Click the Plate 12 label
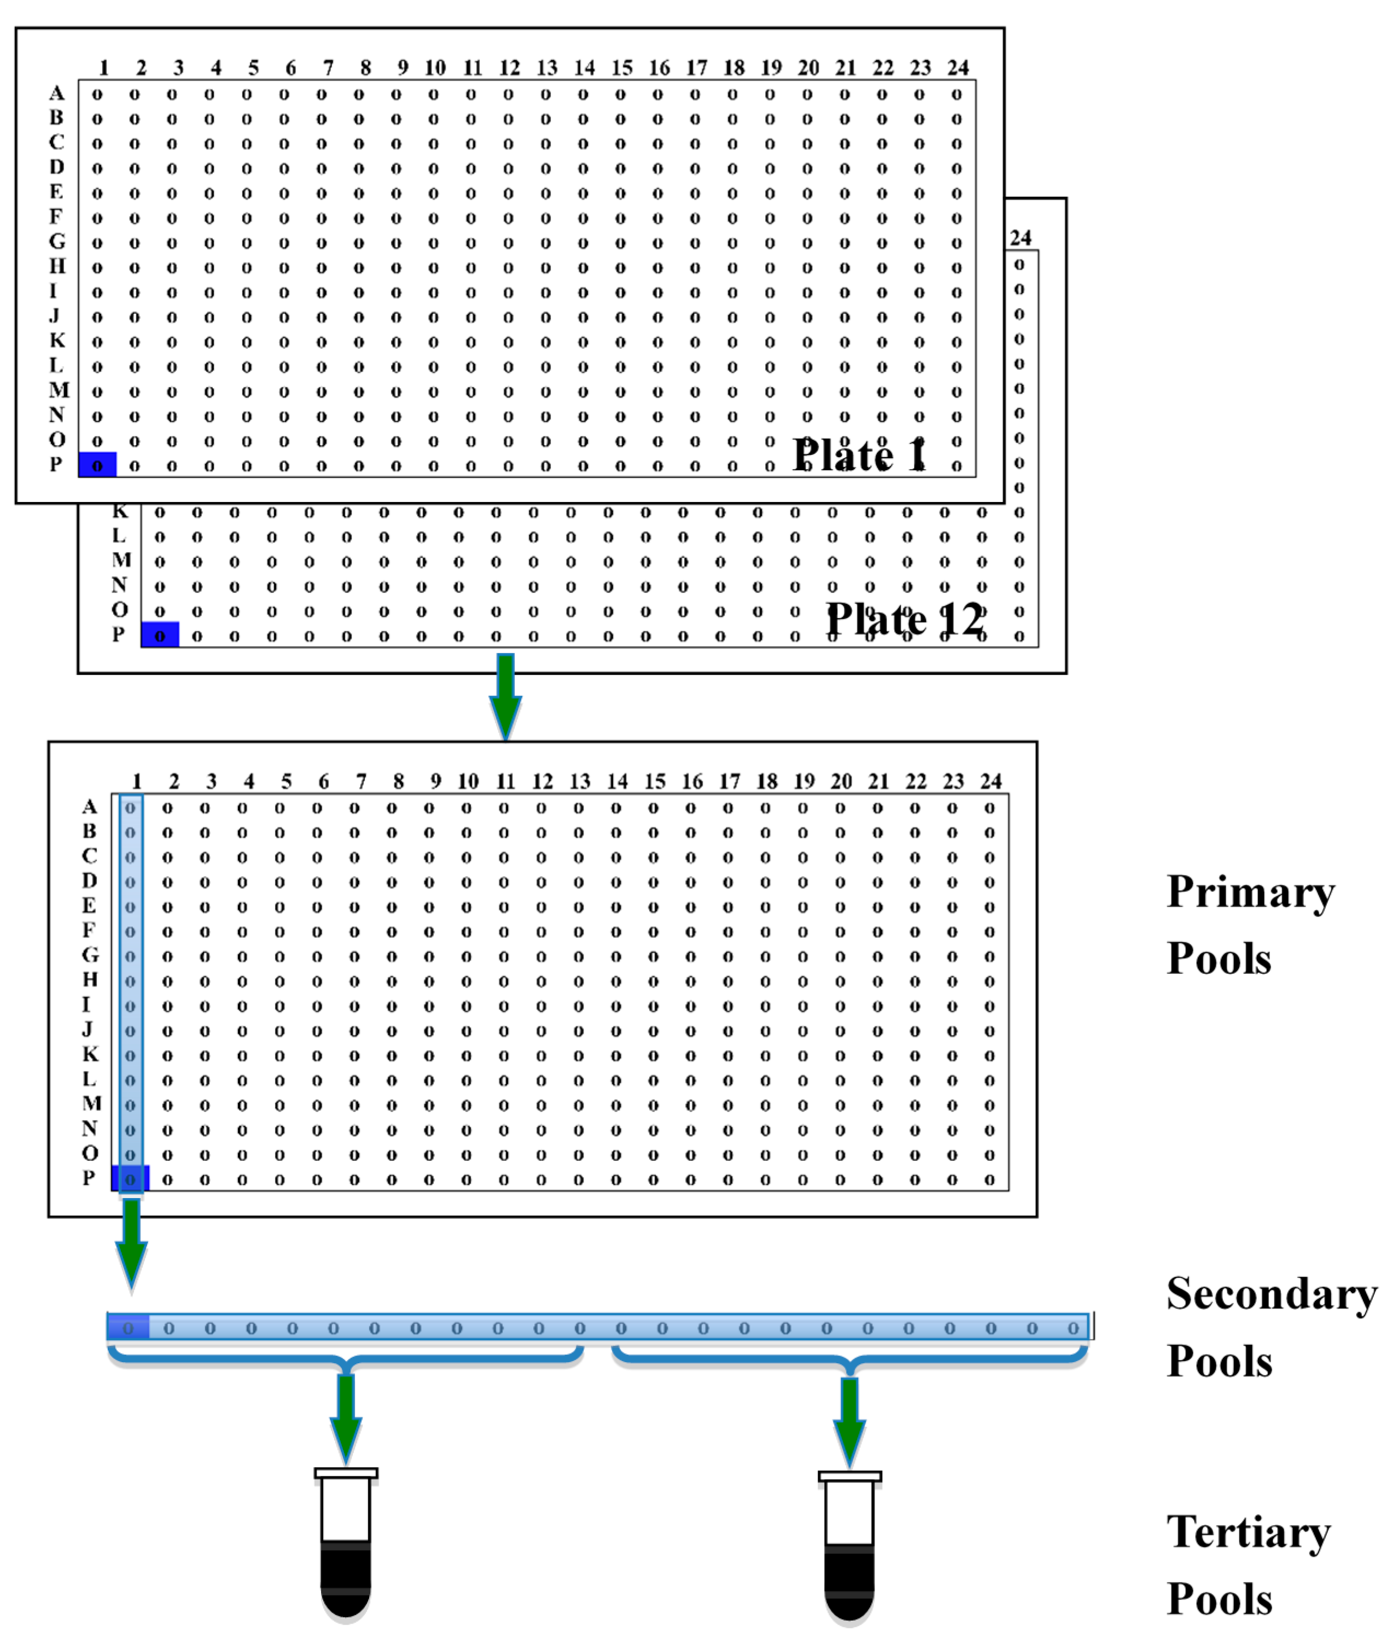905,619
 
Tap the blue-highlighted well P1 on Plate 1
97,465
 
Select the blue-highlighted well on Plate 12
160,635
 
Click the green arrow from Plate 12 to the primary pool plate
505,695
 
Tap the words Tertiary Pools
1248,1566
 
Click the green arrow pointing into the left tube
346,1417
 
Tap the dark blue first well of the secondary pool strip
128,1328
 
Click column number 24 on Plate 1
958,68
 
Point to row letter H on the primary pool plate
90,980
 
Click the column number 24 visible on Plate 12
1020,238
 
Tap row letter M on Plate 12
121,560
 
